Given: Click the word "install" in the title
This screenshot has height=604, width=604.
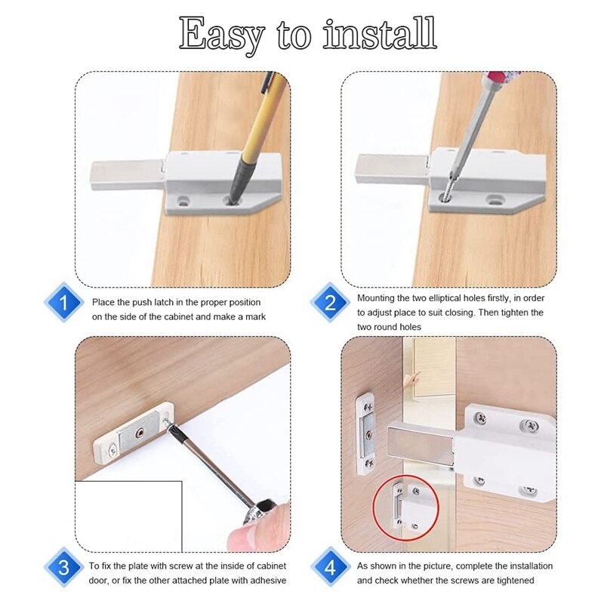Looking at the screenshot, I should pyautogui.click(x=381, y=34).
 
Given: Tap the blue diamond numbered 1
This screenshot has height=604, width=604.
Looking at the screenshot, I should pyautogui.click(x=66, y=304).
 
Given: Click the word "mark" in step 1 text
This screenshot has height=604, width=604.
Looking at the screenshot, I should pyautogui.click(x=253, y=316).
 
